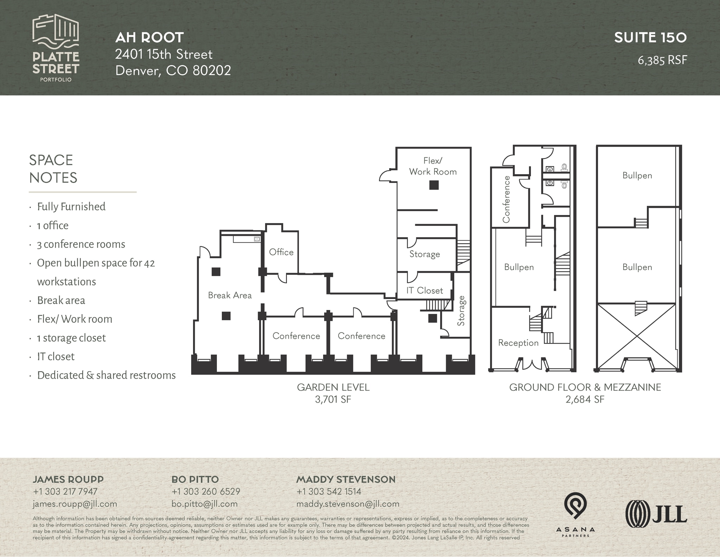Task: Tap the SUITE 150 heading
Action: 650,38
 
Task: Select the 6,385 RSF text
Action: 662,60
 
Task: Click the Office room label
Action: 281,252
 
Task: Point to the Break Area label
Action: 230,295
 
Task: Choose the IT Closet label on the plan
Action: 424,291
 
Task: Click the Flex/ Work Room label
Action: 433,166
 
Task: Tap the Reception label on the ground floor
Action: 518,343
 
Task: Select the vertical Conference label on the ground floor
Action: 506,199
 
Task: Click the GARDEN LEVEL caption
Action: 333,387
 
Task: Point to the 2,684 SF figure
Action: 585,399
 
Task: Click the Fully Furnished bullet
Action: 71,207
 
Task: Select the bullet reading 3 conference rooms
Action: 81,244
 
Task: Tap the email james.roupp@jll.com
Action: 75,504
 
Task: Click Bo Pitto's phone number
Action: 206,492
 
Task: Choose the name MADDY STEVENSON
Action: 346,479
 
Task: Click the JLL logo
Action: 656,514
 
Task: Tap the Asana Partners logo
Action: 575,514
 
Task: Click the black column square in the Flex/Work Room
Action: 434,185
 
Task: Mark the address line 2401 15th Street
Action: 164,54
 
